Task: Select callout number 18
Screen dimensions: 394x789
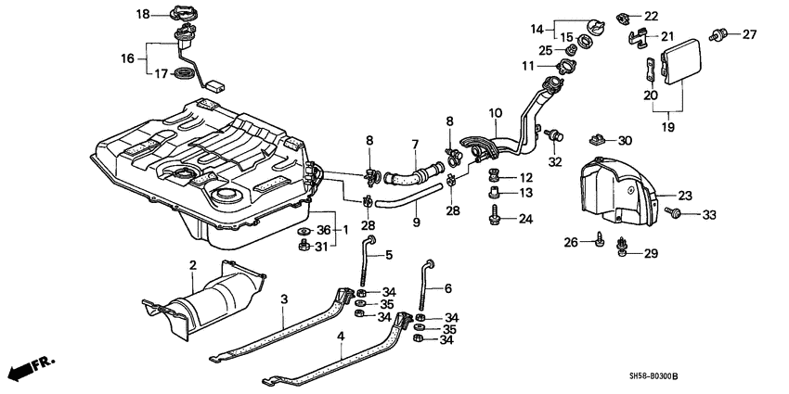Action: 142,14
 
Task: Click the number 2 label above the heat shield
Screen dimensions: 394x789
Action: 192,266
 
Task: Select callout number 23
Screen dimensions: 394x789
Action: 685,195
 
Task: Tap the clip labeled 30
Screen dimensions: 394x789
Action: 598,140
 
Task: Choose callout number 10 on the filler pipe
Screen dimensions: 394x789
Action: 495,113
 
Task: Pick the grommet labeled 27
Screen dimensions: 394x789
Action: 718,35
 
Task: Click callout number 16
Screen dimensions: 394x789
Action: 127,57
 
